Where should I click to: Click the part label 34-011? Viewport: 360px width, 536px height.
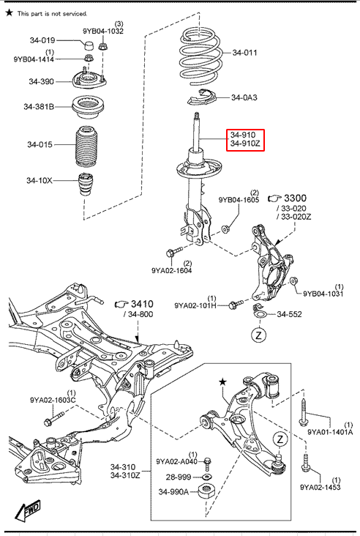[x=244, y=53]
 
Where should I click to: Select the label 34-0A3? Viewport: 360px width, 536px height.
[x=244, y=97]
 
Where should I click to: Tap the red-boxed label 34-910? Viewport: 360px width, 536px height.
[x=242, y=135]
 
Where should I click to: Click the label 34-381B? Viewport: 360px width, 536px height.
[x=39, y=107]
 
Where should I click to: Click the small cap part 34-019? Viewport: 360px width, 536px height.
[x=89, y=45]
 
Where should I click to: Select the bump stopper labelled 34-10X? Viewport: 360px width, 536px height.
[x=87, y=185]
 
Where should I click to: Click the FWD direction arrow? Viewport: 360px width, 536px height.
[x=28, y=510]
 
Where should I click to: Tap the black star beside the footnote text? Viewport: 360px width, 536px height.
[x=10, y=12]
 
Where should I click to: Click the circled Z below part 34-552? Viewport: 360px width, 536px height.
[x=258, y=335]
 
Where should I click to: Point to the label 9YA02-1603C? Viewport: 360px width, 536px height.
[x=53, y=400]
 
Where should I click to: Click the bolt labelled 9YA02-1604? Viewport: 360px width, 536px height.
[x=174, y=253]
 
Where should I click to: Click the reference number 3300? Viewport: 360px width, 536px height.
[x=295, y=198]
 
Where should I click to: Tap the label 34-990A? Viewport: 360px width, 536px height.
[x=173, y=491]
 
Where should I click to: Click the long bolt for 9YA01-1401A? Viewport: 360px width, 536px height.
[x=304, y=413]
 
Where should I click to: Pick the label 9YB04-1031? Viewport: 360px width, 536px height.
[x=323, y=294]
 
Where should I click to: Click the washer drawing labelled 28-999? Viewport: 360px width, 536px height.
[x=206, y=477]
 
